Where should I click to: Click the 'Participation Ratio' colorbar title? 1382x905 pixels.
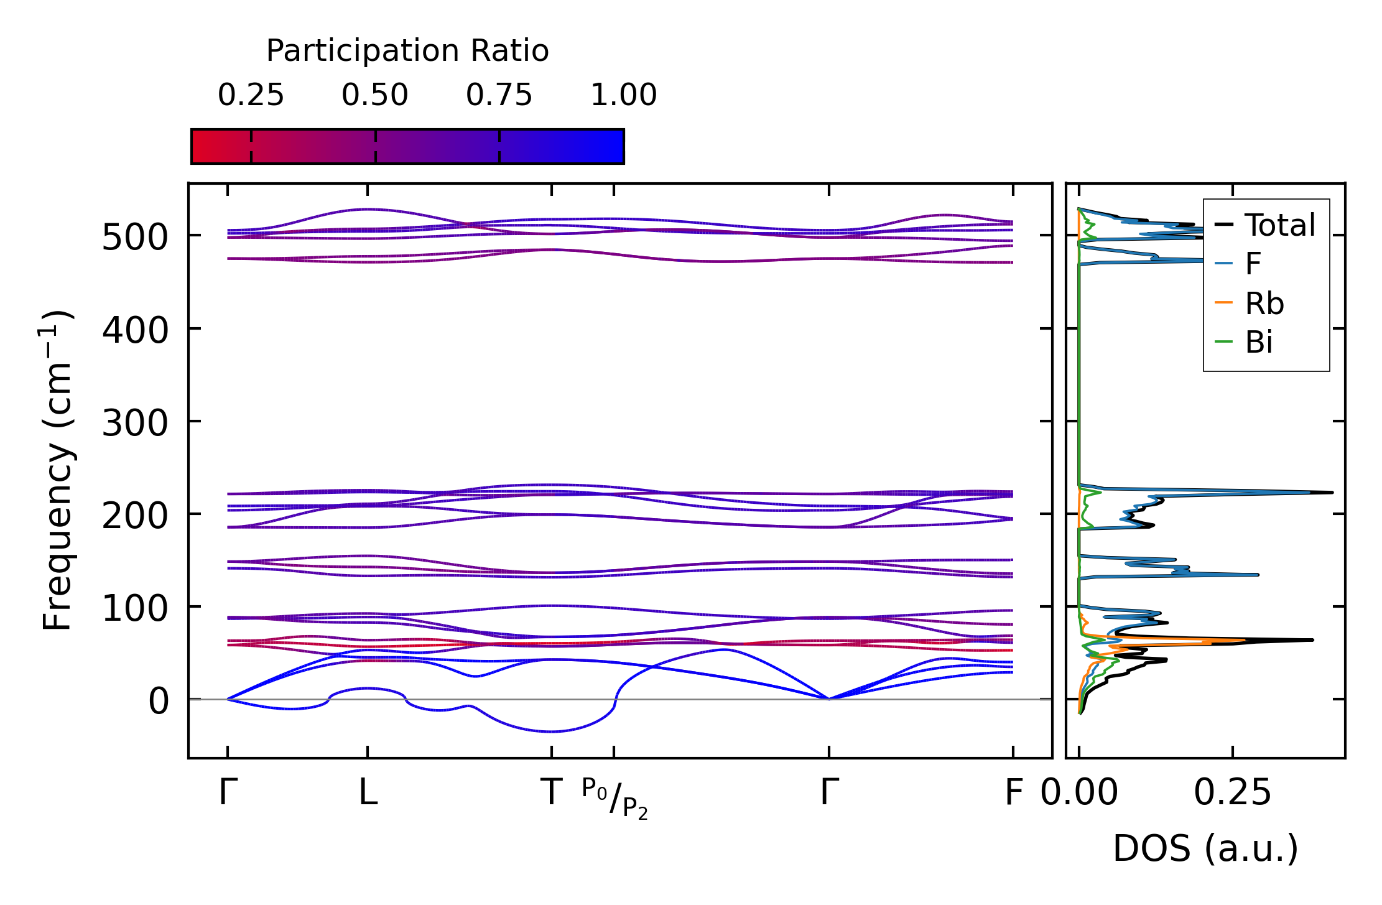click(x=407, y=51)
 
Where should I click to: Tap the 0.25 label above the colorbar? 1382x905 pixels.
click(x=251, y=95)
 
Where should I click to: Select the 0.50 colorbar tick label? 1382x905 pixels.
click(x=375, y=95)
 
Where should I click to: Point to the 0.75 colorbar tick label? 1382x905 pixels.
click(x=499, y=95)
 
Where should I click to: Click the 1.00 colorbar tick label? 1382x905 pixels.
click(x=623, y=95)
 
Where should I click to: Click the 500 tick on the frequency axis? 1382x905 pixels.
click(x=135, y=237)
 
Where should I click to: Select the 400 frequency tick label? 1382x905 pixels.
click(x=135, y=330)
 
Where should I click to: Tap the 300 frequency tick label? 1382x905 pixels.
click(x=135, y=423)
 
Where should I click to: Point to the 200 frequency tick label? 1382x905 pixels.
click(x=135, y=516)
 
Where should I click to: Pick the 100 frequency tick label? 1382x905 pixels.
click(x=135, y=608)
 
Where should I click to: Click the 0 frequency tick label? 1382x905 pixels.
click(x=159, y=701)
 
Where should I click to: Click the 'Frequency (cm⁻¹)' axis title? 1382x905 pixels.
click(x=57, y=470)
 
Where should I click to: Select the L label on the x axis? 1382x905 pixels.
click(x=368, y=793)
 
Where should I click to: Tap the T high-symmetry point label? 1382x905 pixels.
click(x=551, y=793)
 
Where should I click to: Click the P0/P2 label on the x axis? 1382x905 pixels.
click(x=614, y=798)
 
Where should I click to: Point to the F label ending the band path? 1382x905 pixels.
click(x=1014, y=793)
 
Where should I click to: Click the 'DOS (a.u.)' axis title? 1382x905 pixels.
click(x=1205, y=848)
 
